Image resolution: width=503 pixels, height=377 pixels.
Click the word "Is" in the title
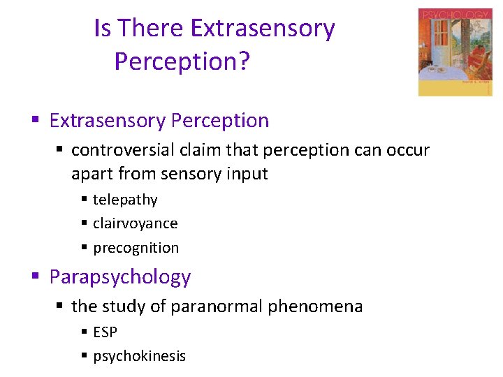[103, 29]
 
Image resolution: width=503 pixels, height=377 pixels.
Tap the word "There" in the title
[150, 29]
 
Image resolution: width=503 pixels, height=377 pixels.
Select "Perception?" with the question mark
[182, 61]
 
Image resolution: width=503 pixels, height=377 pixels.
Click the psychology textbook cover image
[455, 52]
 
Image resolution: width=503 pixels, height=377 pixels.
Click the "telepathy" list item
[125, 200]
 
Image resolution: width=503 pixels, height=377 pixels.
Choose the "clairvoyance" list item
[135, 223]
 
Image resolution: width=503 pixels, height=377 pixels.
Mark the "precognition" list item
[136, 248]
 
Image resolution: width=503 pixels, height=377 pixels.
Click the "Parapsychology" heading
[120, 277]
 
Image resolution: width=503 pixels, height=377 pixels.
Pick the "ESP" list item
[105, 332]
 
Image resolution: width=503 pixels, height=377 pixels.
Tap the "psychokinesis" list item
[139, 356]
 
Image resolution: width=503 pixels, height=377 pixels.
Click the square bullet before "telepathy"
[84, 200]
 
